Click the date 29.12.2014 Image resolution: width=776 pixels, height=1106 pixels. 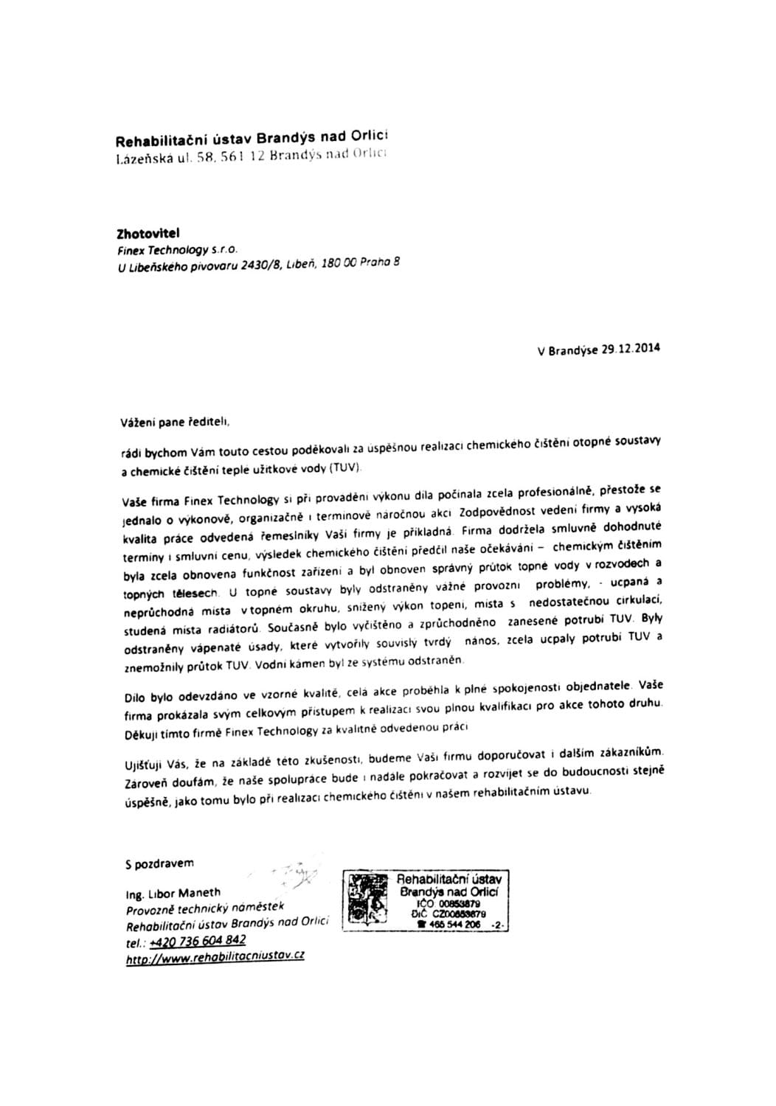(631, 349)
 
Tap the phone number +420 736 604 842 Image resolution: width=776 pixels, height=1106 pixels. (197, 941)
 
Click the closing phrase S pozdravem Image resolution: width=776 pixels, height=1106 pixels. (159, 863)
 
